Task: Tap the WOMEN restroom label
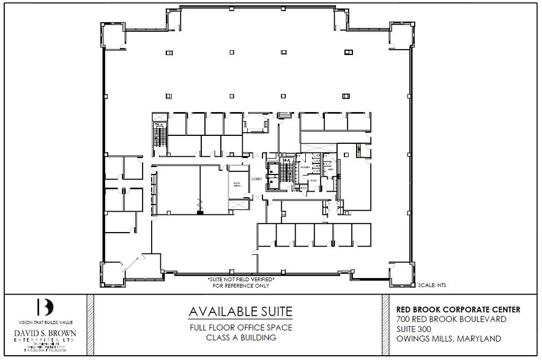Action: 304,167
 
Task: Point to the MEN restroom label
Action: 330,170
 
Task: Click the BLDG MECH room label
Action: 236,183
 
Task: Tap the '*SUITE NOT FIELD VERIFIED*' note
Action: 241,280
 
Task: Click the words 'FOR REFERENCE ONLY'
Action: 241,286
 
